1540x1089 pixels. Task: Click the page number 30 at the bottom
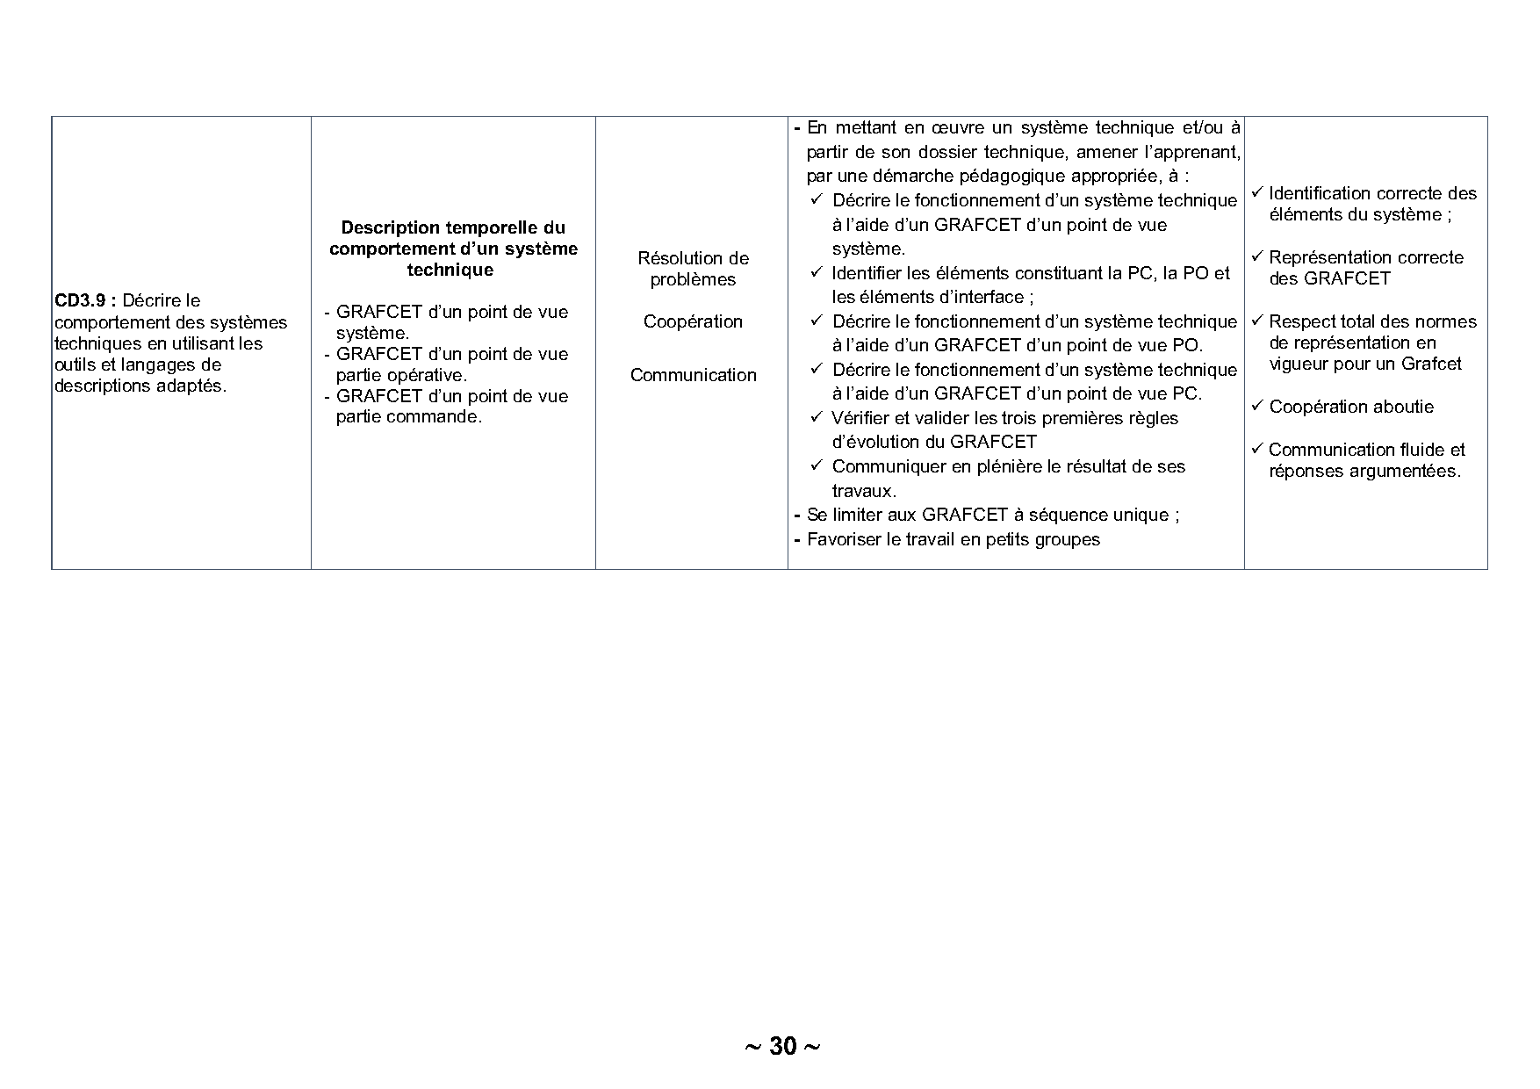782,1046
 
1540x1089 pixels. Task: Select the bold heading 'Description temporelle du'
453,227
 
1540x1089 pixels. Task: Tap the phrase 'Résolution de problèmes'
693,269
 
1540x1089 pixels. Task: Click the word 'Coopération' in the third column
693,321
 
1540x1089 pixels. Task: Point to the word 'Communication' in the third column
693,375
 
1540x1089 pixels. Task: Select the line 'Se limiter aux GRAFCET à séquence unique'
992,515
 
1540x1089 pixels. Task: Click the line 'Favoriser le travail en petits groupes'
953,539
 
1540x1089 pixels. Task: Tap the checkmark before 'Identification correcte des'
1256,191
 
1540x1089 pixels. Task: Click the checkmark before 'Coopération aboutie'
1256,405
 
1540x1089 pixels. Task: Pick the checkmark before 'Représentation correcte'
1256,256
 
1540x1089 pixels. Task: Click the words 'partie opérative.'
401,375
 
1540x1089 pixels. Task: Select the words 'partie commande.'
409,416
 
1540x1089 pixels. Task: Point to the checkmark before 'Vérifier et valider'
816,416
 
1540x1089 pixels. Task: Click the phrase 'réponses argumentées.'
1364,471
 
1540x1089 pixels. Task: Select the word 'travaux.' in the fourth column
864,491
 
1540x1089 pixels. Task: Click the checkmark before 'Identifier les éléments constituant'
816,271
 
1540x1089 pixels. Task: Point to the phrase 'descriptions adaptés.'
140,386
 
